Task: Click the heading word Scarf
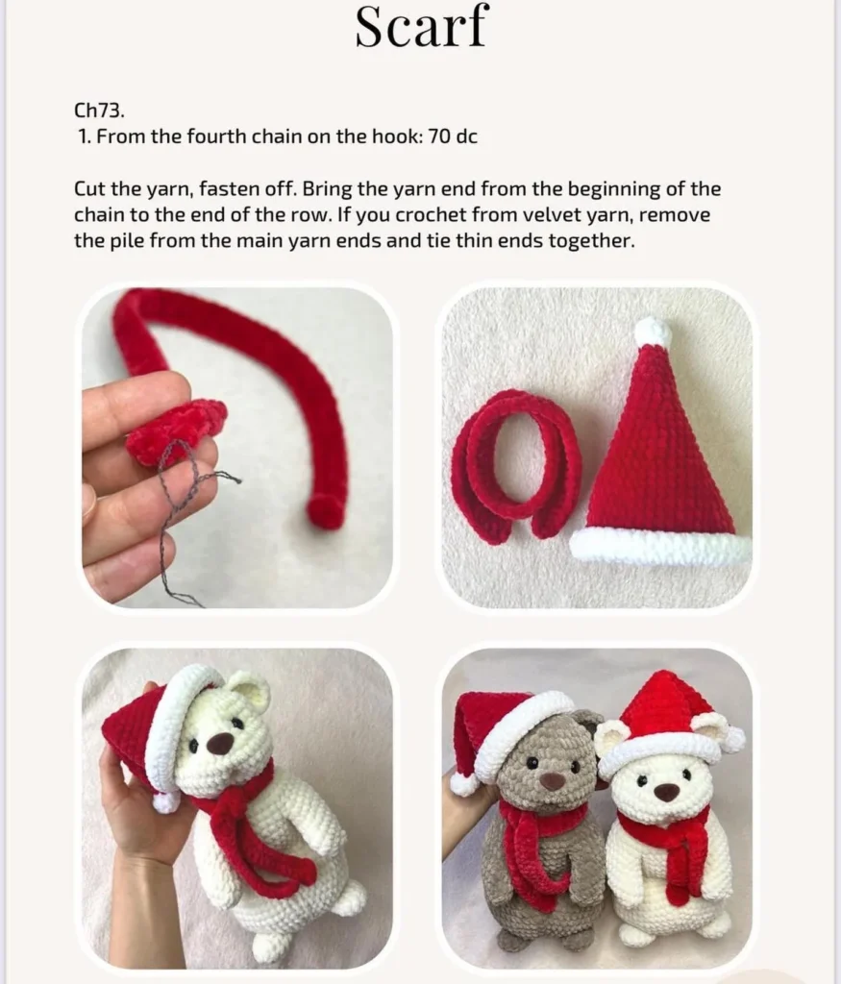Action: (421, 27)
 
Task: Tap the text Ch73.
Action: (99, 111)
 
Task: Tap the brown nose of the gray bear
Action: (552, 780)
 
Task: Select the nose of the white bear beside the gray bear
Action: (665, 792)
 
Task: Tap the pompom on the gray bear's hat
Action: (463, 784)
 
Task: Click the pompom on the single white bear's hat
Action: (164, 801)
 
